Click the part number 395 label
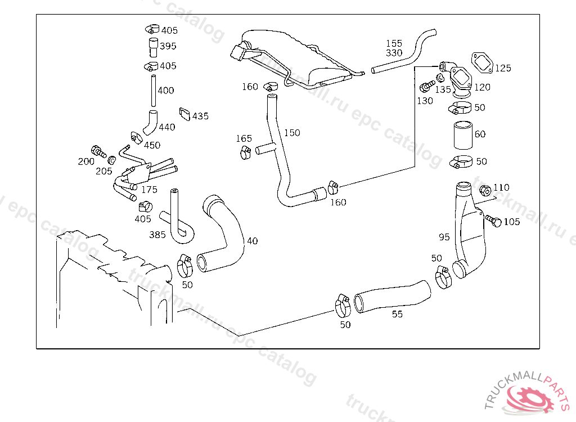click(168, 46)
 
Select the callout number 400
click(166, 90)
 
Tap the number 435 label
click(200, 116)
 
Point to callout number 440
click(167, 127)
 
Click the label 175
click(149, 190)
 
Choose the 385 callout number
click(157, 234)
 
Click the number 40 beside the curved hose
click(253, 241)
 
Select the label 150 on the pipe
click(292, 133)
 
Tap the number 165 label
click(244, 138)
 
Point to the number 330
click(394, 53)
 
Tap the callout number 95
click(444, 237)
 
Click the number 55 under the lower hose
click(397, 315)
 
